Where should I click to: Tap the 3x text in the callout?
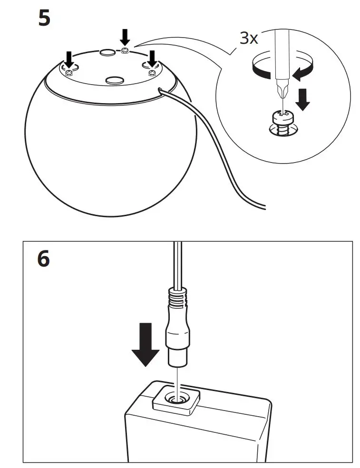pos(248,38)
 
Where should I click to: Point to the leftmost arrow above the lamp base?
pos(69,59)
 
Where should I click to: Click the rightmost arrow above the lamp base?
pos(152,58)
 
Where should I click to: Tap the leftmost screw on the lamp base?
pos(68,72)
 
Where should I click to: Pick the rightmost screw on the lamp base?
pos(152,72)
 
